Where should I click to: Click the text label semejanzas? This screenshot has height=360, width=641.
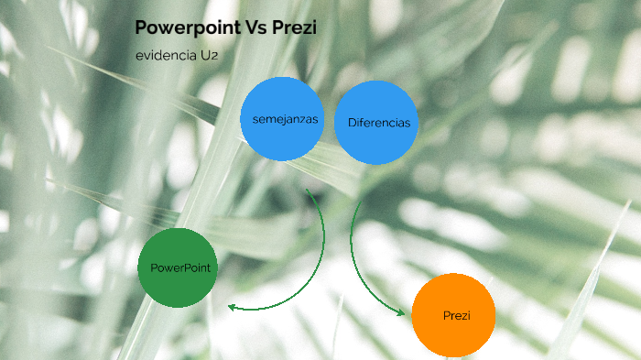tap(282, 119)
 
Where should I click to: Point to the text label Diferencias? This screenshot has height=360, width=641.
tap(378, 123)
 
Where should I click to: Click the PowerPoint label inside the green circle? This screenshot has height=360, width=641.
tap(180, 267)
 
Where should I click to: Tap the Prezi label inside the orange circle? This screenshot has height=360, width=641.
tap(456, 315)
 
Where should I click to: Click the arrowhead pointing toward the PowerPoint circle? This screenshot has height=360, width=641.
tap(233, 307)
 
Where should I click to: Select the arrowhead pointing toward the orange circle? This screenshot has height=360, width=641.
tap(400, 312)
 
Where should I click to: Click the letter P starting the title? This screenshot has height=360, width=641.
tap(142, 28)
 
